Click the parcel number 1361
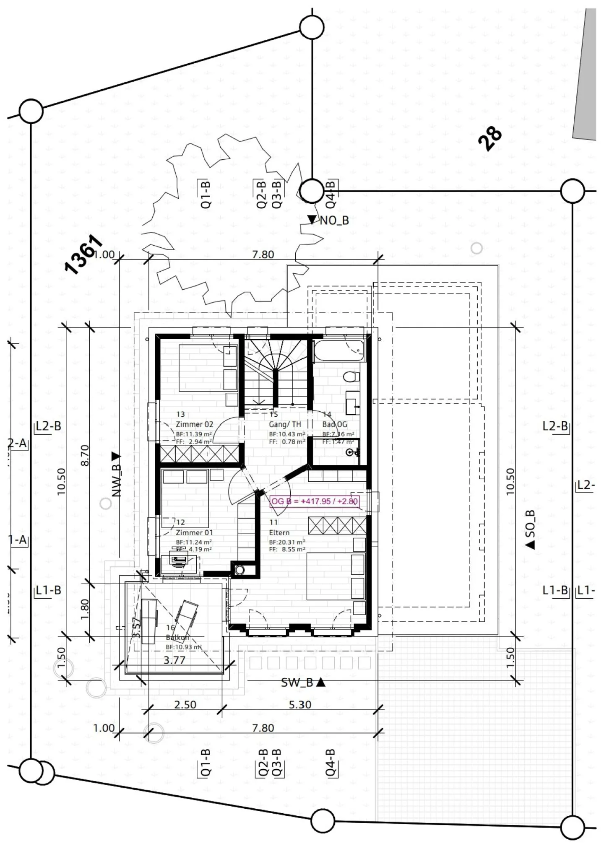click(83, 254)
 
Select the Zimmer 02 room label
click(194, 424)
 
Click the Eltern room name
click(279, 532)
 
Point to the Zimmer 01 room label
click(194, 532)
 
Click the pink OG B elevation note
click(315, 501)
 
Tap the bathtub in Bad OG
click(339, 350)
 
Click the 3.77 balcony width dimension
click(174, 660)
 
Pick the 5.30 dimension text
click(300, 705)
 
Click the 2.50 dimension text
click(185, 705)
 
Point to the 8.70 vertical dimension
click(85, 455)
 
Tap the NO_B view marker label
click(334, 221)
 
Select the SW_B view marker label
click(297, 683)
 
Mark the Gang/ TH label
click(285, 424)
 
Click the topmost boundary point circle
click(312, 27)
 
